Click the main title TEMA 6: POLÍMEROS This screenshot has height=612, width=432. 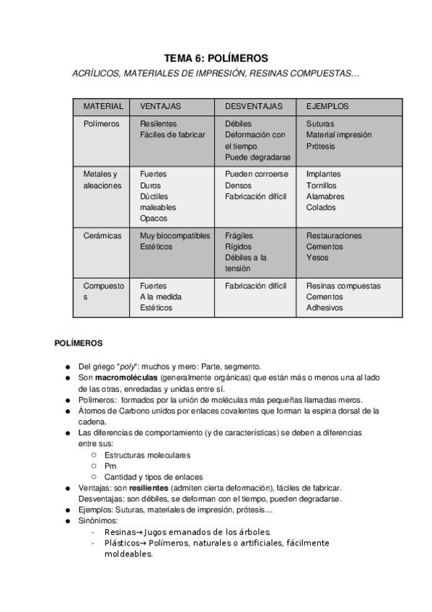216,58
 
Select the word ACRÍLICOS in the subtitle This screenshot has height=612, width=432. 97,74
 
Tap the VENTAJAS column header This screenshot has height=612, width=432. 160,106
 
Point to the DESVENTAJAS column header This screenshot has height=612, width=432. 254,106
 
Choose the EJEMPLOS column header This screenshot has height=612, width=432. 327,106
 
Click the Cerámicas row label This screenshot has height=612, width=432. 102,235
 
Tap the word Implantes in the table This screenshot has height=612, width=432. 323,174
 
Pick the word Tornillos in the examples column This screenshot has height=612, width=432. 321,185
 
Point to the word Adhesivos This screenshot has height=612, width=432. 324,307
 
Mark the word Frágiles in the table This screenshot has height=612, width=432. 238,235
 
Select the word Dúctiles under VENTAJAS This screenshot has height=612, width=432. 154,196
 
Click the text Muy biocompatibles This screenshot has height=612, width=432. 175,235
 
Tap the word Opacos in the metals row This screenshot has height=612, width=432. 153,218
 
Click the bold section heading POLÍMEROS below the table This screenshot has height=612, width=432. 79,343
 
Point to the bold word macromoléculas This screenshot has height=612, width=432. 126,377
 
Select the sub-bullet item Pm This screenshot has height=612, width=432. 110,465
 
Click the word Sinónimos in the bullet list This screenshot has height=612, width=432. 98,520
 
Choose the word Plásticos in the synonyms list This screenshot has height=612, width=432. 120,543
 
